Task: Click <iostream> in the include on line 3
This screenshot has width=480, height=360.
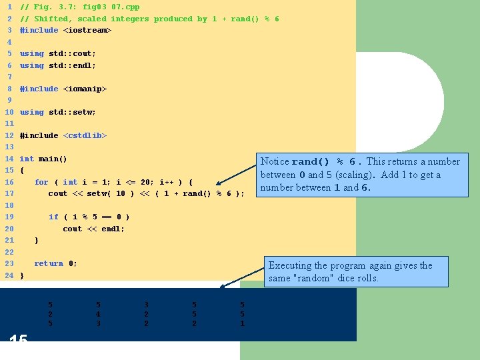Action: pos(87,30)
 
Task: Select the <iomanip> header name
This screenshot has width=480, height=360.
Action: pos(85,89)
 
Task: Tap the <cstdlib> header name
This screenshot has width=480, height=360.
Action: pos(85,135)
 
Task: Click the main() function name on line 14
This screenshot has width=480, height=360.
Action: pos(53,159)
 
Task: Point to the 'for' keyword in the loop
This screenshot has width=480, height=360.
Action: pos(41,182)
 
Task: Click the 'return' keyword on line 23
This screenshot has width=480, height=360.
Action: pos(49,263)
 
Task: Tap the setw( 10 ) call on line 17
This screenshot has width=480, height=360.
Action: pos(111,193)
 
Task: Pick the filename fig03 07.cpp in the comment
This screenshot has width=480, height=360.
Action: pos(111,7)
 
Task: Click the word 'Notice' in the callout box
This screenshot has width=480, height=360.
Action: pos(275,161)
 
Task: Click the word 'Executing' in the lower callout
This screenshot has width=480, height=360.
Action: pos(290,265)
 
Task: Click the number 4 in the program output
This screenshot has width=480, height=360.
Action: pos(98,313)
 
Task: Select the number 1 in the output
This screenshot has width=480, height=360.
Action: pos(242,323)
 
